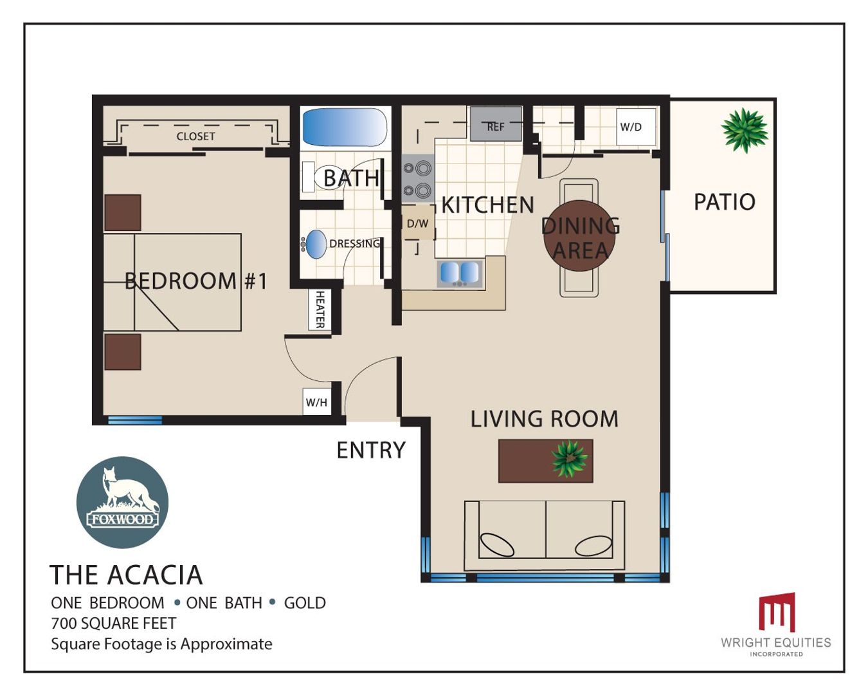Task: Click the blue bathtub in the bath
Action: pyautogui.click(x=345, y=127)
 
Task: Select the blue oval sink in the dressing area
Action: pyautogui.click(x=316, y=244)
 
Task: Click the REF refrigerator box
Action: pyautogui.click(x=496, y=124)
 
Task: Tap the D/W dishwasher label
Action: pyautogui.click(x=417, y=223)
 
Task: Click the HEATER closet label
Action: pyautogui.click(x=320, y=310)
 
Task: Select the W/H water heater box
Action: pyautogui.click(x=316, y=402)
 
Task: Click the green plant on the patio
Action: pyautogui.click(x=744, y=131)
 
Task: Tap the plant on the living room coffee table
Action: pyautogui.click(x=569, y=459)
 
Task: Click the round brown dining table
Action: pyautogui.click(x=579, y=236)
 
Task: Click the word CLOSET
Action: pyautogui.click(x=195, y=136)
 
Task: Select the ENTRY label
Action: pyautogui.click(x=371, y=450)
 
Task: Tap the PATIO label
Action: pyautogui.click(x=725, y=202)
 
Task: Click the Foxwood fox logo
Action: pyautogui.click(x=122, y=503)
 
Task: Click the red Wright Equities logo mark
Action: pyautogui.click(x=777, y=612)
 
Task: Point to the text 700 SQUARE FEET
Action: pyautogui.click(x=114, y=623)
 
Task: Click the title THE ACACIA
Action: pyautogui.click(x=126, y=575)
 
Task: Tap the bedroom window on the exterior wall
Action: pyautogui.click(x=135, y=420)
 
